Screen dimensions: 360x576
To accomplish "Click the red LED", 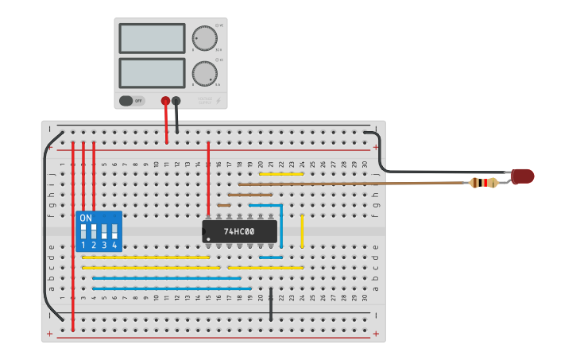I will [x=523, y=176].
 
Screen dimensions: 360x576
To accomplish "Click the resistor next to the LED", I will [x=483, y=183].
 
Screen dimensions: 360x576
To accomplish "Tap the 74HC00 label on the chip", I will [x=239, y=231].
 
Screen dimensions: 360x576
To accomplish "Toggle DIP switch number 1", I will [x=83, y=233].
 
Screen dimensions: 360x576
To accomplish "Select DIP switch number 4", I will [x=114, y=233].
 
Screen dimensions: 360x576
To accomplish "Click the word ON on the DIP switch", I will [x=86, y=218].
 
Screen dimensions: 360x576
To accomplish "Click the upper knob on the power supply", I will [x=204, y=37].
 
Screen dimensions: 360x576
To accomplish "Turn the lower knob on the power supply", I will [x=204, y=74].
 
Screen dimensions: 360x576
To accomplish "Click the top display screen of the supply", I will [x=152, y=37].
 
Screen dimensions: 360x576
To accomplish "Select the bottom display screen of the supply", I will [x=152, y=73].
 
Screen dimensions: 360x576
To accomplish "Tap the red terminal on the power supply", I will [x=166, y=101].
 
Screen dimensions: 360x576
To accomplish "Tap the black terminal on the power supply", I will [x=176, y=101].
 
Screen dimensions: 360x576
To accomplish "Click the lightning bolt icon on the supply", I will [x=218, y=101].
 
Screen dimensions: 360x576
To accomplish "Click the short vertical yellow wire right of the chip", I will [x=302, y=230].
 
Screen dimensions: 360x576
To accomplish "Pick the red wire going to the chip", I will [x=208, y=179].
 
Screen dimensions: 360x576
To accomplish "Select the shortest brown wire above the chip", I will [x=224, y=205].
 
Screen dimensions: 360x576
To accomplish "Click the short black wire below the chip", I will [x=271, y=304].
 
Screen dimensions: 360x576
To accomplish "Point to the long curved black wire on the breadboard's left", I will [x=44, y=230].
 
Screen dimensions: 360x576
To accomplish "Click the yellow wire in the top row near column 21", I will [x=281, y=173].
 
